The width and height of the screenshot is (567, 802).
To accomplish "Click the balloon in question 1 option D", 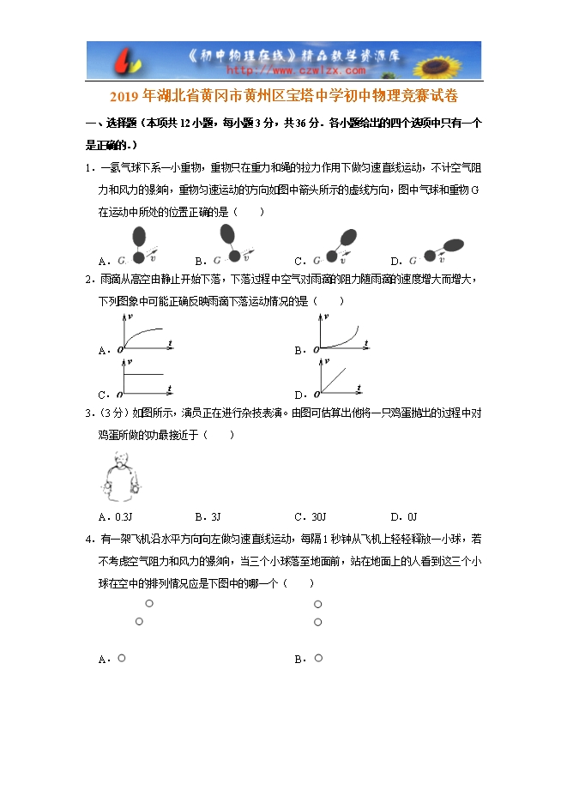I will tap(454, 245).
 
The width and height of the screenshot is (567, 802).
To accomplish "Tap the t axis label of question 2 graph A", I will tap(171, 343).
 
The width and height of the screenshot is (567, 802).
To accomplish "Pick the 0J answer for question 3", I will tap(411, 516).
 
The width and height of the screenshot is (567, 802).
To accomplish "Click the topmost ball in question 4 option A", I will tap(149, 604).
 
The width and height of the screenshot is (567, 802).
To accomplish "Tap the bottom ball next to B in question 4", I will tap(317, 658).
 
